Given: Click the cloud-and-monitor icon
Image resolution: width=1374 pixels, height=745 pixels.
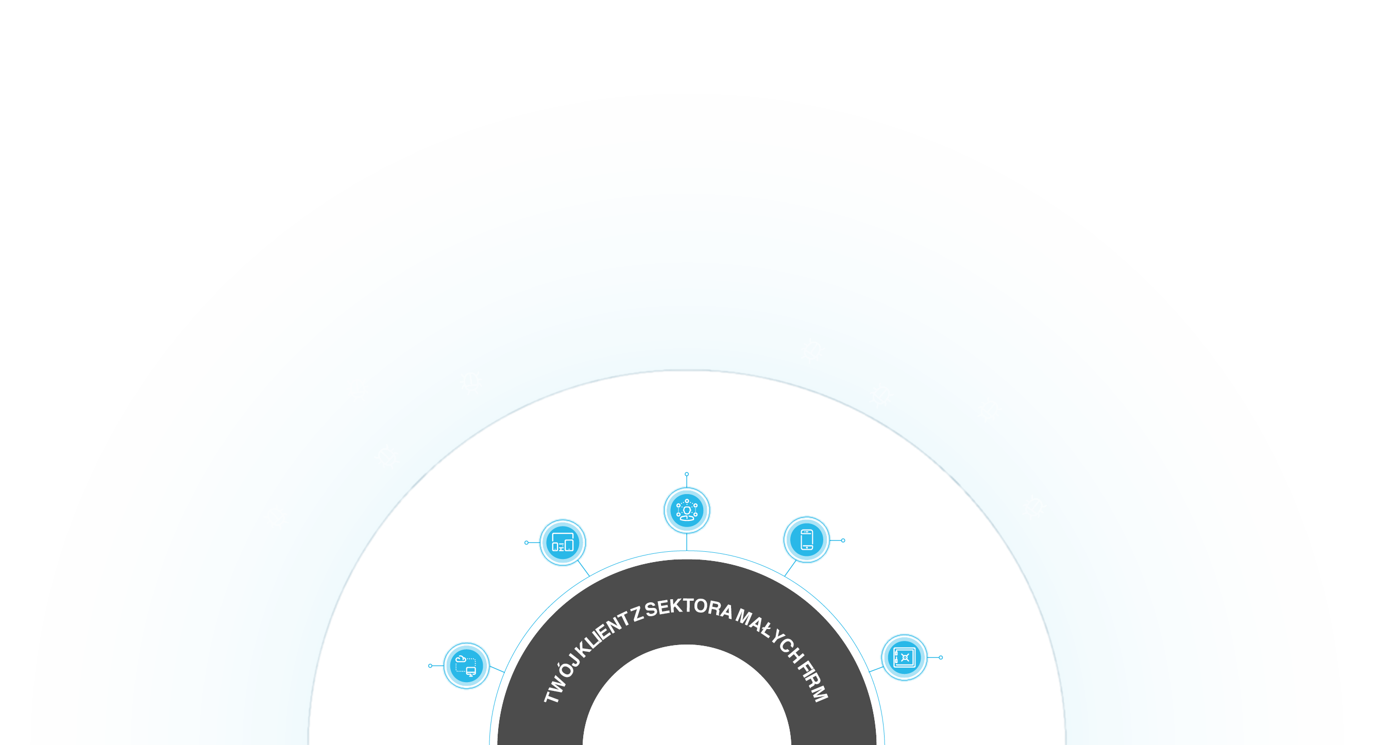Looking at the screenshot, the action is click(466, 666).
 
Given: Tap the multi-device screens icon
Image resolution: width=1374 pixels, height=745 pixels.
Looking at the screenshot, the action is click(563, 543).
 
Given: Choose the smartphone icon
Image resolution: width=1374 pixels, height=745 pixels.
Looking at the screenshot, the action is click(806, 539).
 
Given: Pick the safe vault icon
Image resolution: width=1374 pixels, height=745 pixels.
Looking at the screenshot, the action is click(905, 657).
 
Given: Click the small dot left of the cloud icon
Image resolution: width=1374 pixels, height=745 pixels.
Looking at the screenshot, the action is click(430, 666).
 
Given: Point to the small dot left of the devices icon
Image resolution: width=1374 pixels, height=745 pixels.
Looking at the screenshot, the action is click(527, 543).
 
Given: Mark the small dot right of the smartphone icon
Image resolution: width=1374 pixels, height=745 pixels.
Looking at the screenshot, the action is click(843, 540).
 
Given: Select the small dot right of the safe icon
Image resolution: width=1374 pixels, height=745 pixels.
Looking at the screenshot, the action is click(941, 657).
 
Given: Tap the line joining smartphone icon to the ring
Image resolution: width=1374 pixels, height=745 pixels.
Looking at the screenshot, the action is click(790, 568).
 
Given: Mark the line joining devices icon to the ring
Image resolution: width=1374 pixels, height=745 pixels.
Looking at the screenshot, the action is click(584, 568).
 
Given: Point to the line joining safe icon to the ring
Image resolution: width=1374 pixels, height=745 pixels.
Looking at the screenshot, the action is click(876, 669).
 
